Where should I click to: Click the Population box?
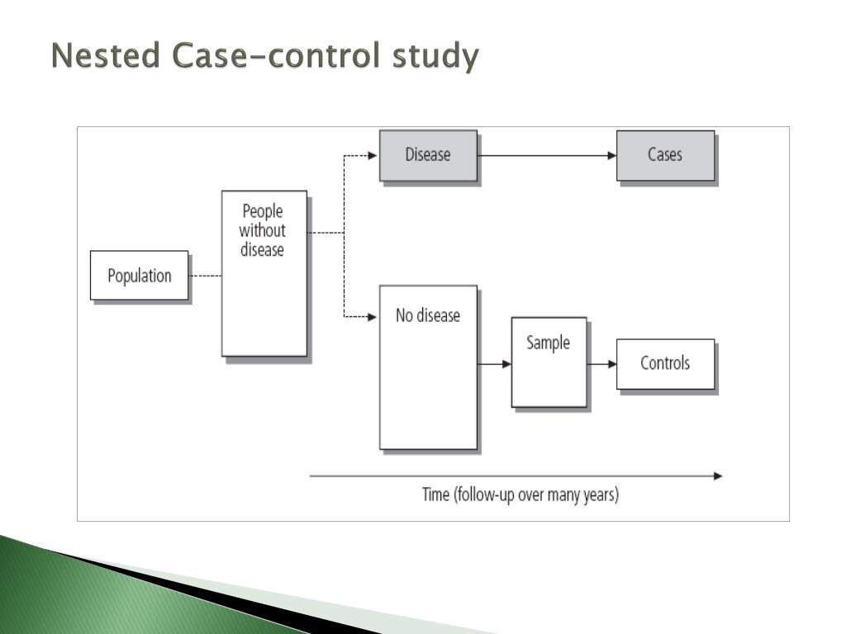pos(139,276)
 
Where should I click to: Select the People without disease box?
pos(264,273)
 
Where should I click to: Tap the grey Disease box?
pos(428,155)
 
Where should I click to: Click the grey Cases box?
pos(665,155)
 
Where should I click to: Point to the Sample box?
pos(549,362)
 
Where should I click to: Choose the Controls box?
pos(665,363)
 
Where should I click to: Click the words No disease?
pos(428,315)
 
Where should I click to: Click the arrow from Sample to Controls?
pos(601,363)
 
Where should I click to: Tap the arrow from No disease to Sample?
pos(494,363)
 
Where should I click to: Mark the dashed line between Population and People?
pos(205,276)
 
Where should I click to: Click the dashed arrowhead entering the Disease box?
pos(373,155)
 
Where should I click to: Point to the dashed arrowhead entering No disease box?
pos(373,316)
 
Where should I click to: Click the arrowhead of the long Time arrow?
pos(717,475)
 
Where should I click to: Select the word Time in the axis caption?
pos(435,495)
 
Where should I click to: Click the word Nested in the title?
pos(106,57)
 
